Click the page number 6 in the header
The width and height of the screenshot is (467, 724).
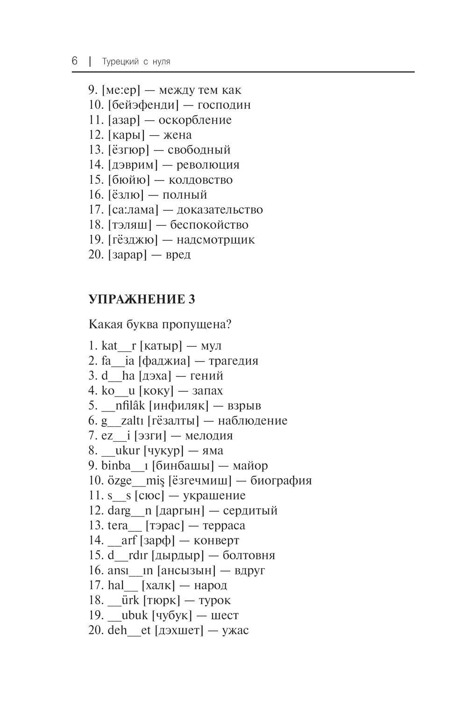75,61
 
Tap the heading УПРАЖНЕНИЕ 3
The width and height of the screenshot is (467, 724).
142,299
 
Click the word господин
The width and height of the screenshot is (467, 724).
224,105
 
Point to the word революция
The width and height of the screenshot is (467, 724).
208,165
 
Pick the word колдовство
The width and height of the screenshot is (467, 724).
200,180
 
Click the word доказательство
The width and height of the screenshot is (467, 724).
219,209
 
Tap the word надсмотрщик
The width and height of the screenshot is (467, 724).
216,240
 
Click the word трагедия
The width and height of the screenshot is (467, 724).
233,361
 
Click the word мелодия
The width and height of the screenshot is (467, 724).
209,436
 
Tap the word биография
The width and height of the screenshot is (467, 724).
281,480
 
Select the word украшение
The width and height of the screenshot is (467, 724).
214,495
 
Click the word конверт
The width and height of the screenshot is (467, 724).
216,540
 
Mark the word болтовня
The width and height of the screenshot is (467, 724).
249,555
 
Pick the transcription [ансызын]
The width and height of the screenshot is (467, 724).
186,570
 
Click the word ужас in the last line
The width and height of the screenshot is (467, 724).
235,630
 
